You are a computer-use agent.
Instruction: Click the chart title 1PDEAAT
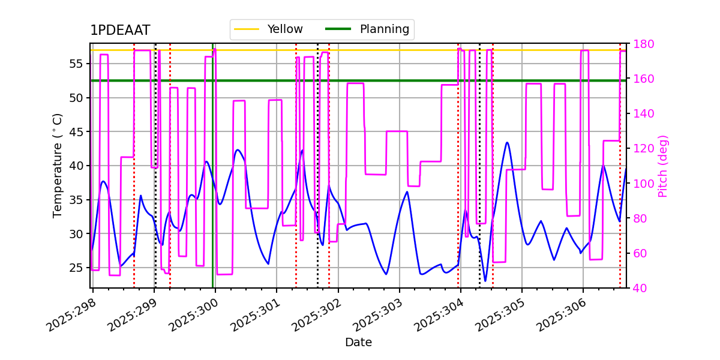tap(120, 31)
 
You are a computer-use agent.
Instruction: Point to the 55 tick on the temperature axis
tap(80, 64)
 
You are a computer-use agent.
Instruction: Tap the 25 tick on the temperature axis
tap(80, 268)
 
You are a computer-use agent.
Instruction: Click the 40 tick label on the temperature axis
tap(80, 166)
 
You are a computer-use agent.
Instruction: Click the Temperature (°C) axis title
tap(58, 165)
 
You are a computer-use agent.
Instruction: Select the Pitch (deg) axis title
tap(663, 166)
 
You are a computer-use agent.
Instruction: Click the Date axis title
tap(358, 343)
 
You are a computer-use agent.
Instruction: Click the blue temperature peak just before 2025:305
tap(507, 143)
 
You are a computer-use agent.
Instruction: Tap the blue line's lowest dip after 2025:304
tap(485, 281)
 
